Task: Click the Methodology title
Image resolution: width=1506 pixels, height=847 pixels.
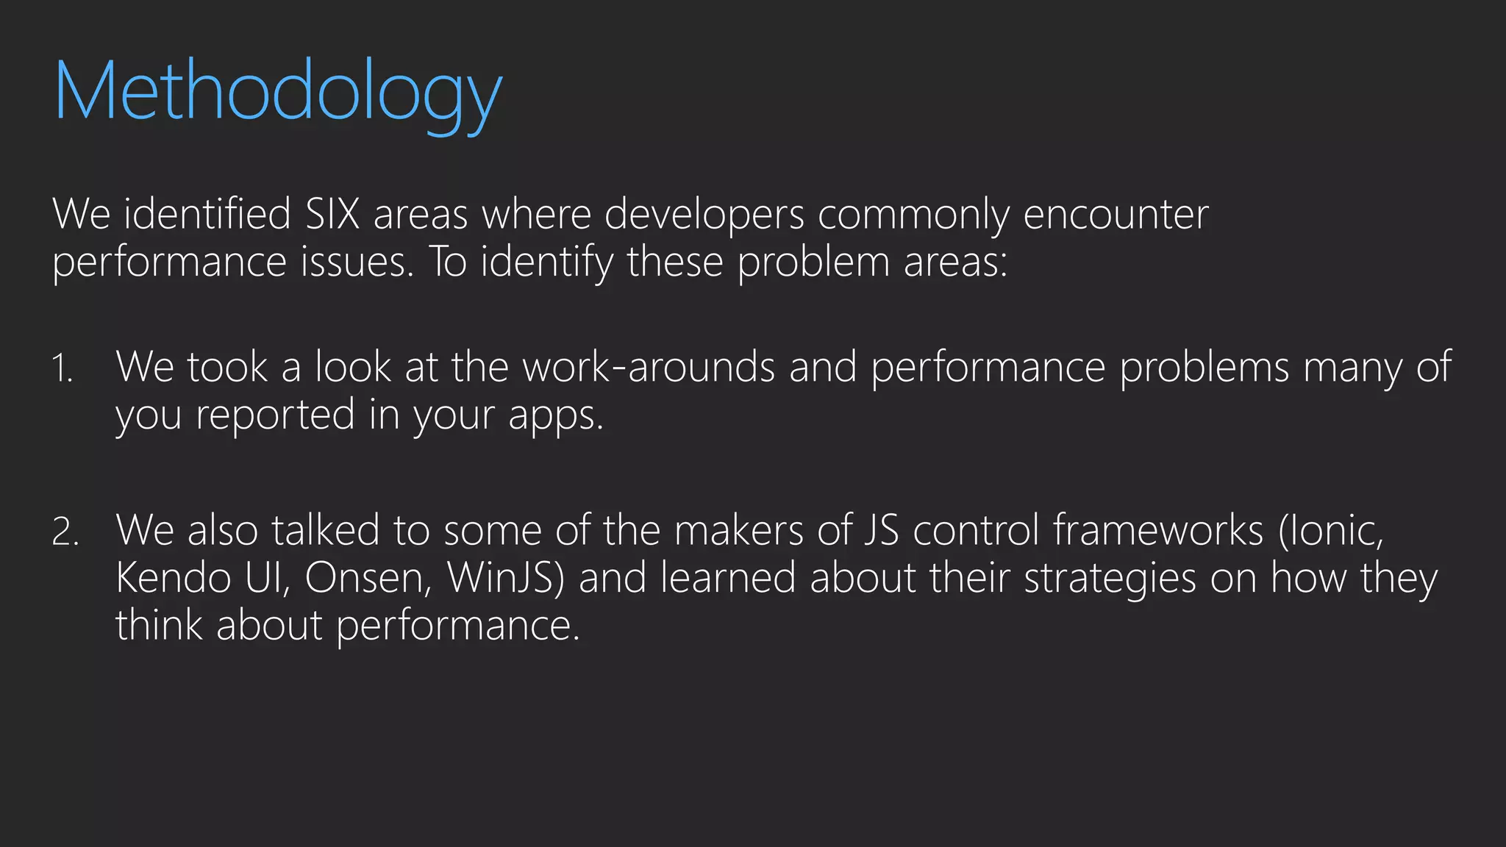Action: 278,92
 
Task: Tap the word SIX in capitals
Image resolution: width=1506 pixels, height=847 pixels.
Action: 332,214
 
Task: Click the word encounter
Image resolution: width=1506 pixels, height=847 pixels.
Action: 1116,214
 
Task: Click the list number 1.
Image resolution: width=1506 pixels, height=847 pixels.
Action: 62,368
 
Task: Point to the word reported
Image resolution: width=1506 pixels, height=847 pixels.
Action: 275,414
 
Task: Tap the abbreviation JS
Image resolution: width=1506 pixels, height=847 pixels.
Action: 881,529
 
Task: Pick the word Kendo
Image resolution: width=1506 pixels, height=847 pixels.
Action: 174,577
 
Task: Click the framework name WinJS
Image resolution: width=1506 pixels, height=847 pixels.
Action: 505,577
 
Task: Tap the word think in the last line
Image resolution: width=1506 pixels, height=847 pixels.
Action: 159,624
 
